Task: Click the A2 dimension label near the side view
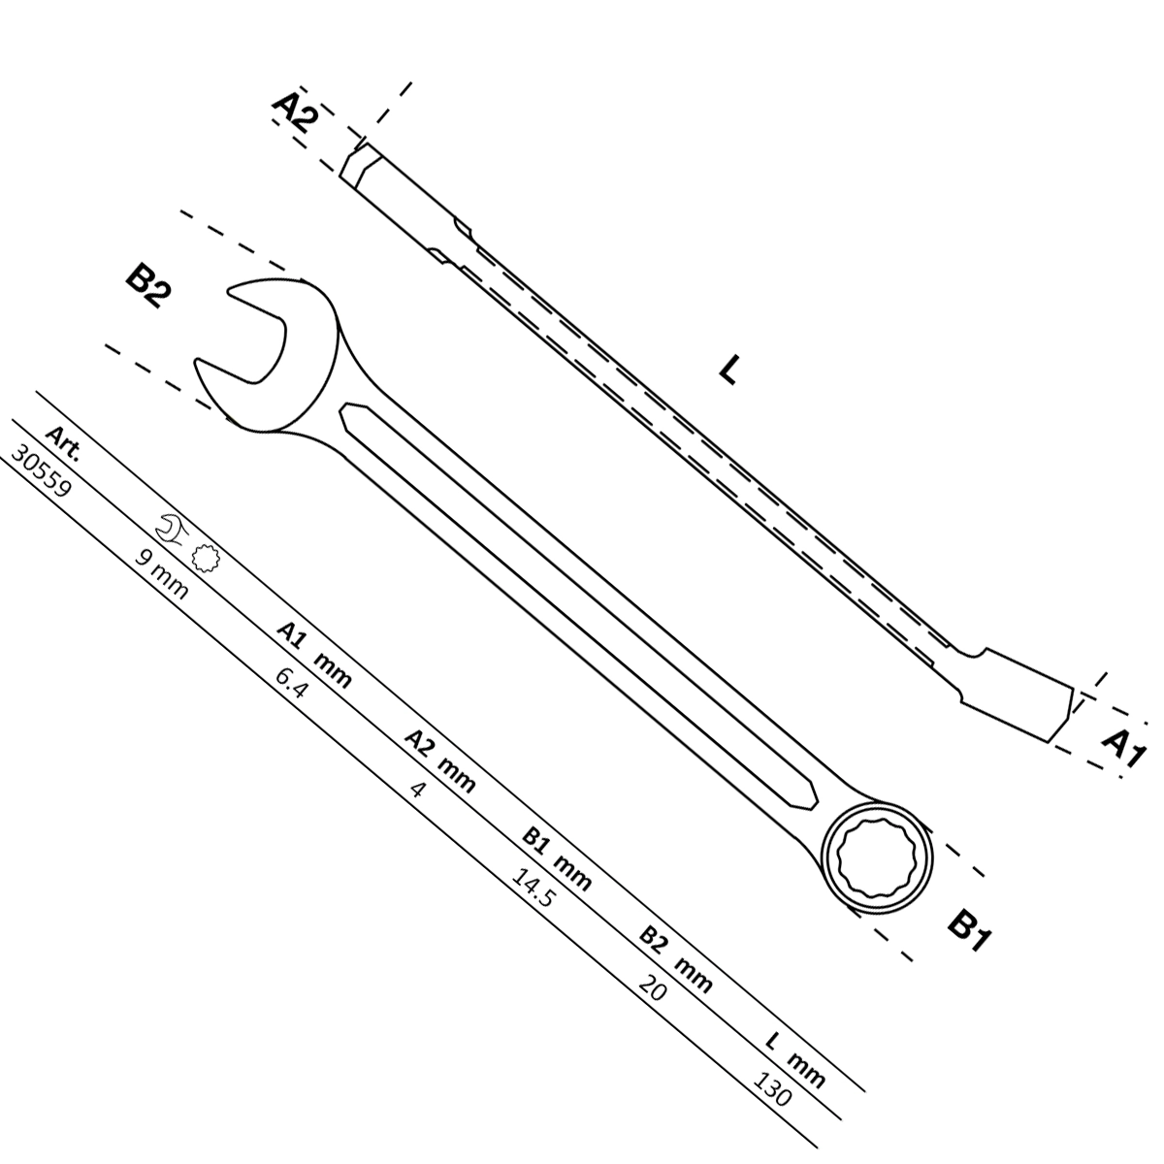click(296, 113)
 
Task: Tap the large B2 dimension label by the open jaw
click(148, 287)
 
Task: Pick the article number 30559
click(42, 471)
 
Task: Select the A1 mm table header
click(314, 655)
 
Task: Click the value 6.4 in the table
click(292, 684)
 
